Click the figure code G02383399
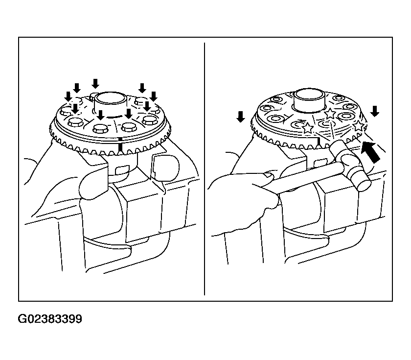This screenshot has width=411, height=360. tap(50, 319)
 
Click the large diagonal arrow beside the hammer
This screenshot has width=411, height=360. tap(370, 152)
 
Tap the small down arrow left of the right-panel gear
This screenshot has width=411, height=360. tap(240, 117)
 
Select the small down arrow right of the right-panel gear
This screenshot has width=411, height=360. tap(375, 111)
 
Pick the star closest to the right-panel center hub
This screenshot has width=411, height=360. tap(330, 113)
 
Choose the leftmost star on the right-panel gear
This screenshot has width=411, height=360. tap(308, 128)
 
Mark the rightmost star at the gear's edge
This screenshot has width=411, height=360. tap(358, 126)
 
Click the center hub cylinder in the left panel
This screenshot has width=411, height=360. tap(111, 102)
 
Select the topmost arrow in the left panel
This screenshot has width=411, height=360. tap(95, 83)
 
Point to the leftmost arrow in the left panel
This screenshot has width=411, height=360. tap(68, 96)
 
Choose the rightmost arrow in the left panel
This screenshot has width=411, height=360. tap(154, 96)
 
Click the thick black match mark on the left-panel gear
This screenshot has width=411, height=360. tap(120, 145)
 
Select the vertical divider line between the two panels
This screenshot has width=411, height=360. tap(205, 169)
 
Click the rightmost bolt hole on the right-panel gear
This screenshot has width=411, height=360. tap(350, 107)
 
